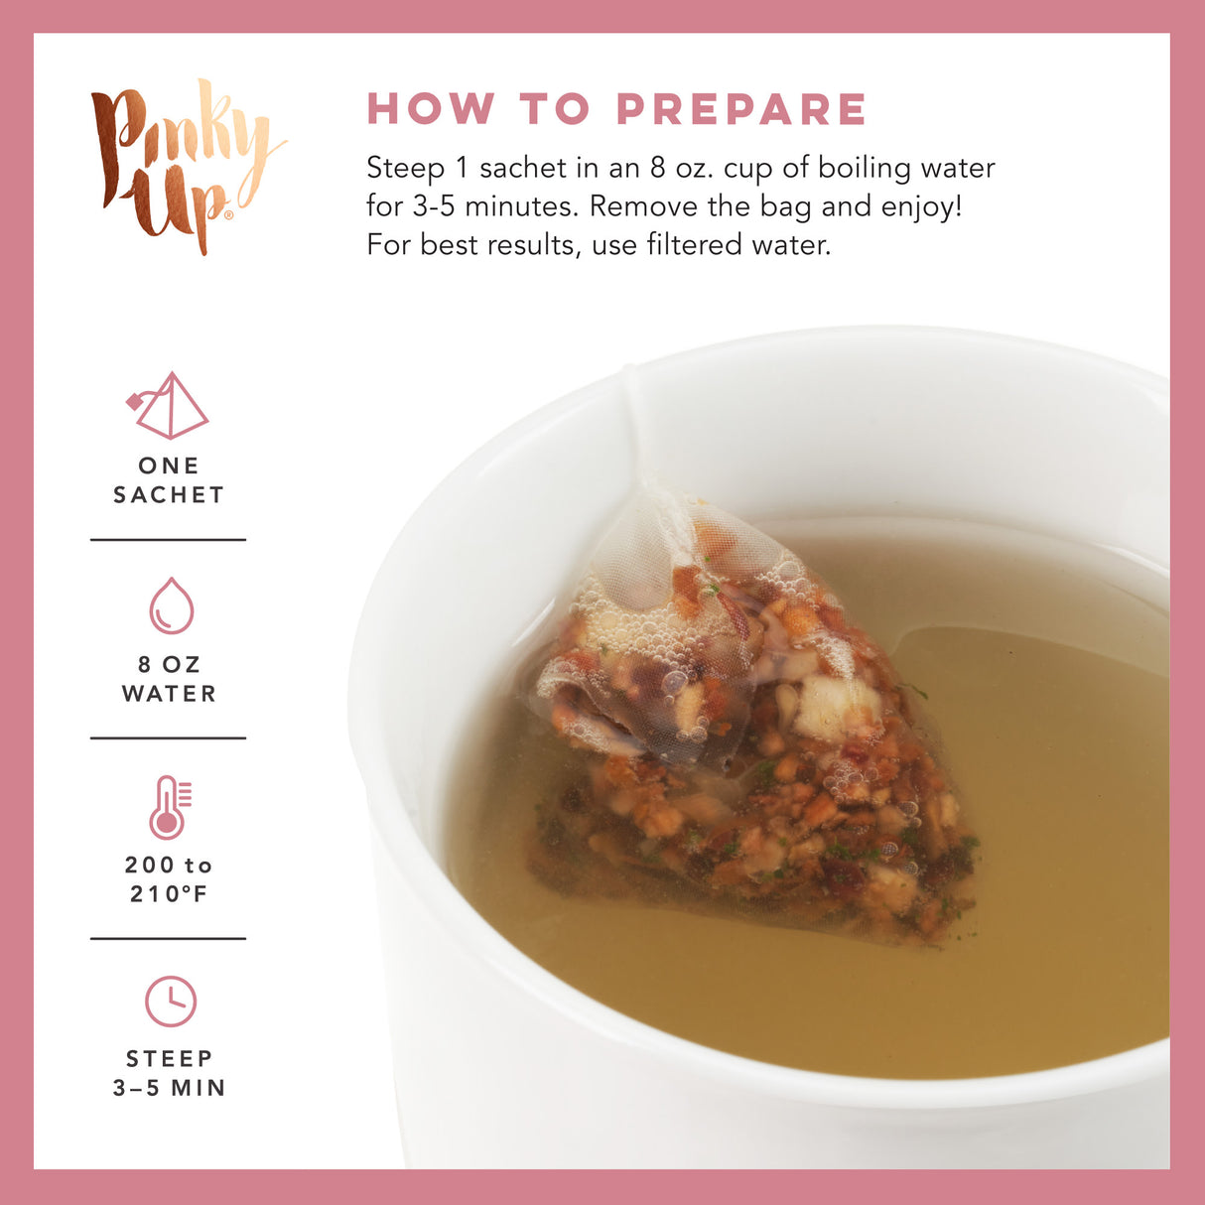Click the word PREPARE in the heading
(x=741, y=109)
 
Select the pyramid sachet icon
(x=170, y=406)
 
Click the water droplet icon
(x=171, y=605)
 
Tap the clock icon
(x=171, y=1002)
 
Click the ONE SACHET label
(x=169, y=480)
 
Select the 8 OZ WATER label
(x=169, y=679)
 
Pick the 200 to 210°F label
(x=169, y=879)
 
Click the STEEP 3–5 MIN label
(x=169, y=1073)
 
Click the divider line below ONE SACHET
(x=169, y=540)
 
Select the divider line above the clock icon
(x=169, y=938)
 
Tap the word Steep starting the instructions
(x=405, y=169)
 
